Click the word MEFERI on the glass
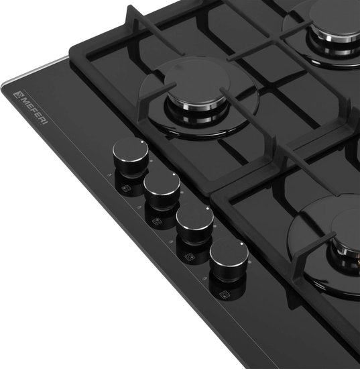[35, 111]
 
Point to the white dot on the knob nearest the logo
[142, 142]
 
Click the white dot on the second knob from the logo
[174, 174]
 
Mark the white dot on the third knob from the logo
[207, 208]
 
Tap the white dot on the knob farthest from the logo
[242, 244]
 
